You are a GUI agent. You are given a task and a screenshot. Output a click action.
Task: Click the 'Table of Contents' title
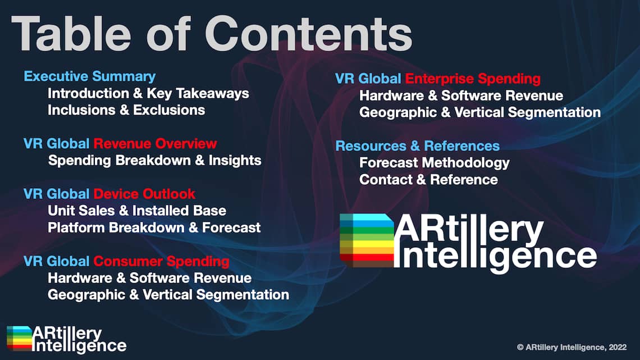[212, 34]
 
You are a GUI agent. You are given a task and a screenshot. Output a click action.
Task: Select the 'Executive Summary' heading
[89, 76]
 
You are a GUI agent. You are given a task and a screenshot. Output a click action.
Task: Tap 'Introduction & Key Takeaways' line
[148, 93]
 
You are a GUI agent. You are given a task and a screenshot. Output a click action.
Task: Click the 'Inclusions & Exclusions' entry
[126, 110]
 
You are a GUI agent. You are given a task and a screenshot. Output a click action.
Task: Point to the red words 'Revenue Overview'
[155, 144]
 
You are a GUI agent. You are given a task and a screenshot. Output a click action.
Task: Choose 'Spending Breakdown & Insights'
[155, 161]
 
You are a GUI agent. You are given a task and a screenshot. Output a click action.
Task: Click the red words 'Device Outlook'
[144, 194]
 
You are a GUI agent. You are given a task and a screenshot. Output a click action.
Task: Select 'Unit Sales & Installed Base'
[137, 211]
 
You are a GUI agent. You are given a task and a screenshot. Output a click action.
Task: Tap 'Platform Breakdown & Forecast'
[154, 227]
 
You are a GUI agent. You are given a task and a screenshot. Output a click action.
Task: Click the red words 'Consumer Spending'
[161, 261]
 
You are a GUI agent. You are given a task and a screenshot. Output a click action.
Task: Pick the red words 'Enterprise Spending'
[473, 79]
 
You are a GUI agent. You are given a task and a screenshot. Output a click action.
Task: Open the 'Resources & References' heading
[417, 145]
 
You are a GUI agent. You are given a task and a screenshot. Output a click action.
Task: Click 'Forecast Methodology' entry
[435, 163]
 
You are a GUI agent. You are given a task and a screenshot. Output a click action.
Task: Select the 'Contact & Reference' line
[428, 180]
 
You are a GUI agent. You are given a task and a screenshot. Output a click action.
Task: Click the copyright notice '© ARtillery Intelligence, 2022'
[572, 347]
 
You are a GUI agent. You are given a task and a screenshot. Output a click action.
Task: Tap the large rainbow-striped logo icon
[367, 240]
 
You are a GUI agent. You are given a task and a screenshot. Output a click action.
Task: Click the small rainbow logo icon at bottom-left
[19, 338]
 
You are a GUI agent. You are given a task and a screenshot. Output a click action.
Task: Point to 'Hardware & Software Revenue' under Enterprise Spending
[461, 95]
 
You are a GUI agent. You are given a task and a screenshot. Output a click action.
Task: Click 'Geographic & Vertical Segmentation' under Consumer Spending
[168, 295]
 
